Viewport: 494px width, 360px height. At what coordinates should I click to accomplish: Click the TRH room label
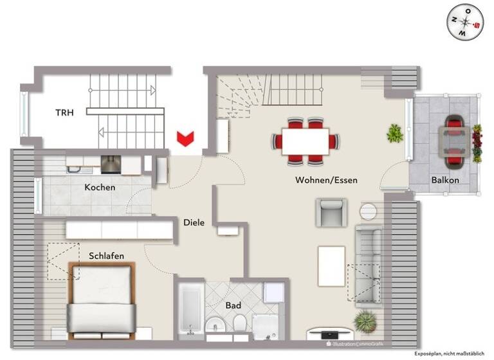[x=64, y=113]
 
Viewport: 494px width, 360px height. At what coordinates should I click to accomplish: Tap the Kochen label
[x=100, y=188]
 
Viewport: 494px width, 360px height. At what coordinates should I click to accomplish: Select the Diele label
[x=194, y=222]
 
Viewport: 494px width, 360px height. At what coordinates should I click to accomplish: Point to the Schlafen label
[x=107, y=256]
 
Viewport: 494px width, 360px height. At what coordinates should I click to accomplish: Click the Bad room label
[x=233, y=306]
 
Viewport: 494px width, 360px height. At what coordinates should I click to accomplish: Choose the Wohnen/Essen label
[x=326, y=180]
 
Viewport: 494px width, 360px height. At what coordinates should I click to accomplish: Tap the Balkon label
[x=444, y=180]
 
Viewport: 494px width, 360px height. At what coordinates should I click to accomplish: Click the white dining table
[x=306, y=139]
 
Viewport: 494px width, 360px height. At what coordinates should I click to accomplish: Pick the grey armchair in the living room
[x=331, y=213]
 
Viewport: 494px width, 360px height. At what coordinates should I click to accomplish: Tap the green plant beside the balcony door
[x=394, y=134]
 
